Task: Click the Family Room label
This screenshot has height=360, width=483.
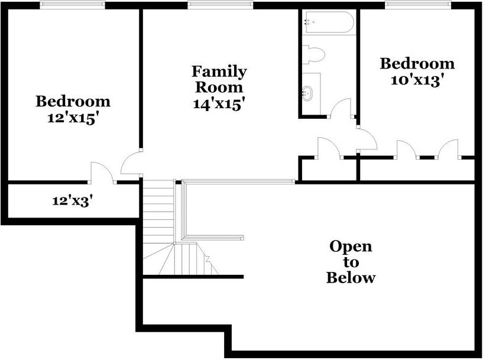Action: click(219, 79)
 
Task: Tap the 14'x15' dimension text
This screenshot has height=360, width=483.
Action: click(219, 103)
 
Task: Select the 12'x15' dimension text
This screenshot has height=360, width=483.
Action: click(73, 117)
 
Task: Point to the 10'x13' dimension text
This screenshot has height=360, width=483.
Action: click(417, 80)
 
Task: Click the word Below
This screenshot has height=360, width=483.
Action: click(351, 278)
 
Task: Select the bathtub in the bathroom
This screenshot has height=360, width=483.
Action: click(328, 23)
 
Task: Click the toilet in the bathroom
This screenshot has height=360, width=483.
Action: click(314, 55)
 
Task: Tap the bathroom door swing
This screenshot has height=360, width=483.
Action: click(342, 108)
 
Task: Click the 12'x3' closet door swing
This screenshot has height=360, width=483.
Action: click(102, 172)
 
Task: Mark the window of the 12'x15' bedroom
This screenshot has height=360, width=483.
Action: click(73, 5)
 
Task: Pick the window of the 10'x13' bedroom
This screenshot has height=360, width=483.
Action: click(417, 5)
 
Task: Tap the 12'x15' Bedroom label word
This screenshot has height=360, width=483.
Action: click(73, 101)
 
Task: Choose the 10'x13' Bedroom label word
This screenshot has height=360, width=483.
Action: click(417, 63)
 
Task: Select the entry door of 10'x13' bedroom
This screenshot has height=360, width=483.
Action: click(367, 138)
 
